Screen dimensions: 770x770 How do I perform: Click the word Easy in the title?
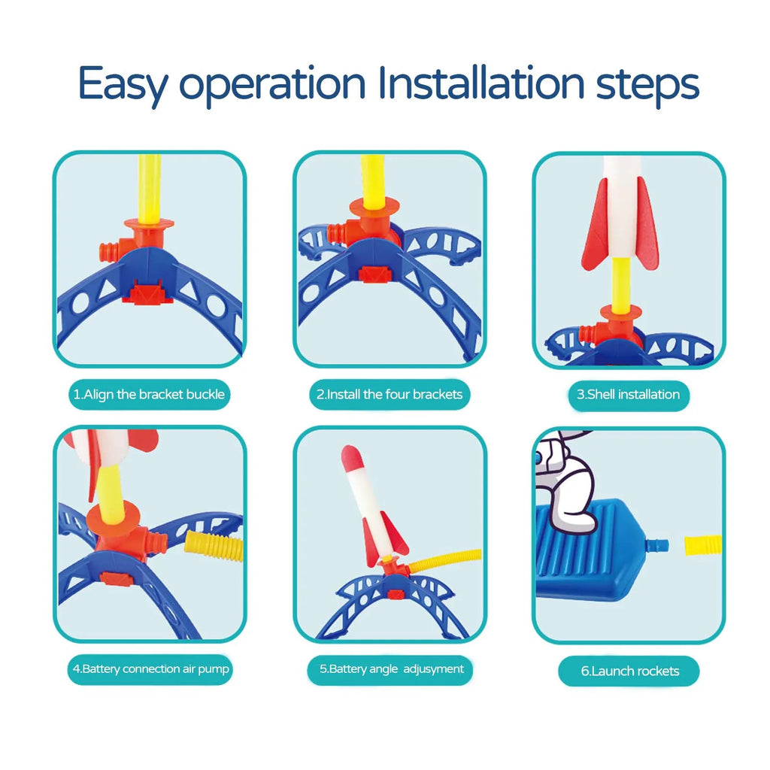coord(123,84)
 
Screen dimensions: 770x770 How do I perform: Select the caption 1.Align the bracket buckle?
coord(150,394)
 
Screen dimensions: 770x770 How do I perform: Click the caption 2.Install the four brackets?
coord(390,394)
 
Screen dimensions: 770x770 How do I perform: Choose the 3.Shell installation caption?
coord(628,394)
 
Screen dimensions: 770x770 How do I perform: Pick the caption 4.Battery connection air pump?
coord(150,668)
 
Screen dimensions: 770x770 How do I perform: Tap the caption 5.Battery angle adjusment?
coord(391,668)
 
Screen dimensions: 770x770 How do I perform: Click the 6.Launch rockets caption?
coord(630,671)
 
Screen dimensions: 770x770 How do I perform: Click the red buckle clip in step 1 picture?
coord(148,293)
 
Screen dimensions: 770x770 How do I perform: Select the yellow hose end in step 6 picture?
coord(703,546)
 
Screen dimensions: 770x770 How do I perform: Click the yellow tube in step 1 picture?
coord(150,189)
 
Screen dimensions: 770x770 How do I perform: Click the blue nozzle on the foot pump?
coord(657,545)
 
